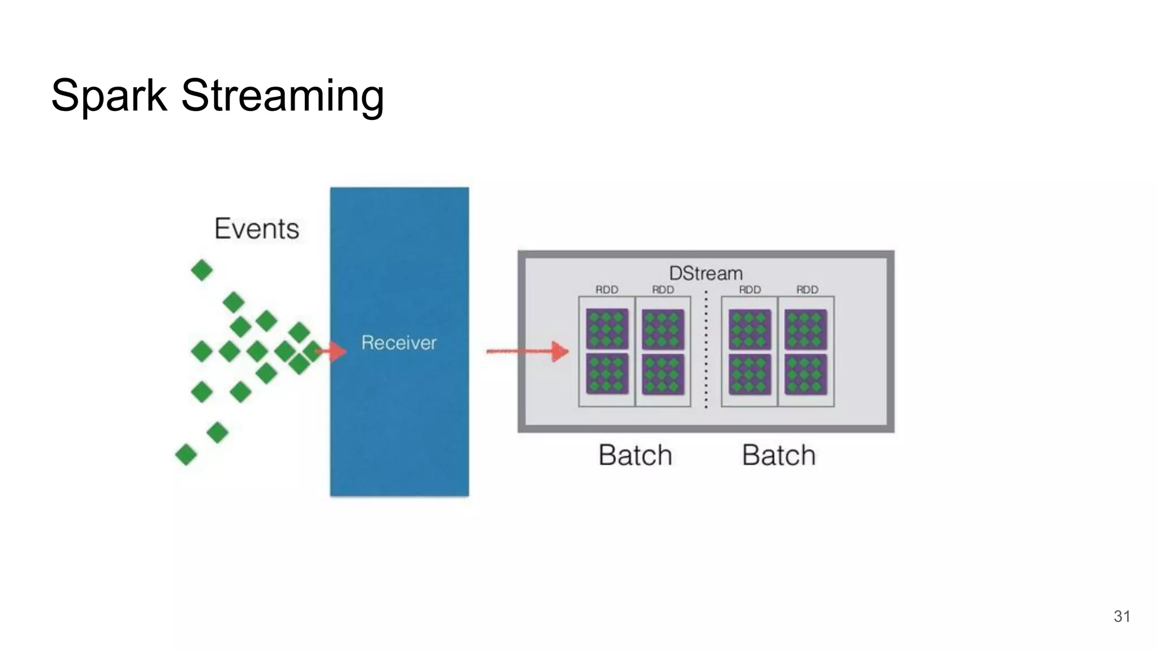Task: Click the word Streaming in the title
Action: click(282, 95)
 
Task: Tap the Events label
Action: click(257, 229)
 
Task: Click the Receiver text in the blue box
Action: click(399, 342)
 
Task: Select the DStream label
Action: click(706, 273)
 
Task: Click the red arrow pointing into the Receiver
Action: click(332, 351)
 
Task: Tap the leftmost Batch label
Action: click(635, 455)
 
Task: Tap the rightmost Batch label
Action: click(779, 455)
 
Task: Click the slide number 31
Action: click(1122, 616)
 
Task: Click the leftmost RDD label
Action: click(607, 290)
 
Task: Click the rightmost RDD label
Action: click(807, 290)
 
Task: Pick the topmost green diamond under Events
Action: click(202, 270)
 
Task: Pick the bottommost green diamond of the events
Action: click(186, 454)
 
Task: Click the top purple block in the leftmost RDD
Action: click(607, 329)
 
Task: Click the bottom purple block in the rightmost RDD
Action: click(806, 374)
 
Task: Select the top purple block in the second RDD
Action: click(663, 329)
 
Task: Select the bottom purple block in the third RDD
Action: click(750, 374)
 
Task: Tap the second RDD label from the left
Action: click(663, 290)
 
